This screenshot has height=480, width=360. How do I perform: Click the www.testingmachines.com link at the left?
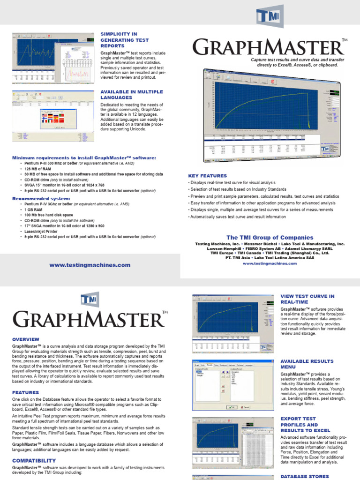[90, 265]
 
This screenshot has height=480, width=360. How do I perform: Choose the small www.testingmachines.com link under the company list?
[270, 263]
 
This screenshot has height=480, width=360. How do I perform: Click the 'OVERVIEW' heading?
[26, 339]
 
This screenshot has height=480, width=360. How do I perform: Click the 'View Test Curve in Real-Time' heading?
[307, 300]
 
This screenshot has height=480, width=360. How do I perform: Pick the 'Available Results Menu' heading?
[307, 364]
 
